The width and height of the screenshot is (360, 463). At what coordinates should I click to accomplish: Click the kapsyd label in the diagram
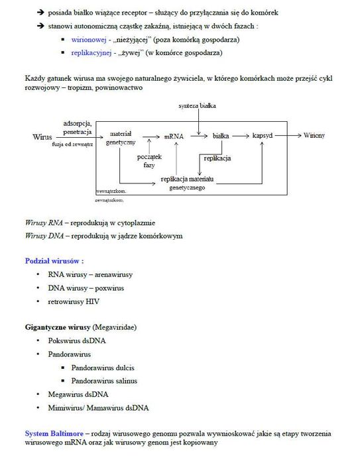point(263,135)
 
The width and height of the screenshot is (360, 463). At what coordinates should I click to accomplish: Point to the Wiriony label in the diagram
point(314,135)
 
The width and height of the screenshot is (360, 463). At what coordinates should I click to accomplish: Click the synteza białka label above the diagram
point(198,106)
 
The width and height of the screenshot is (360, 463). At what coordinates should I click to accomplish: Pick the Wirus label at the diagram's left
point(41,136)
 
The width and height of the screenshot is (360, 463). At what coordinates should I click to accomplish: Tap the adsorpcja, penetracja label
point(78,127)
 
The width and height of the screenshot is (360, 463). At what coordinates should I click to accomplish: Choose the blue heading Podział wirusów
point(54,260)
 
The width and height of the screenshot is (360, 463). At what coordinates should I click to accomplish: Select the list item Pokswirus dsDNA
point(76,341)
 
